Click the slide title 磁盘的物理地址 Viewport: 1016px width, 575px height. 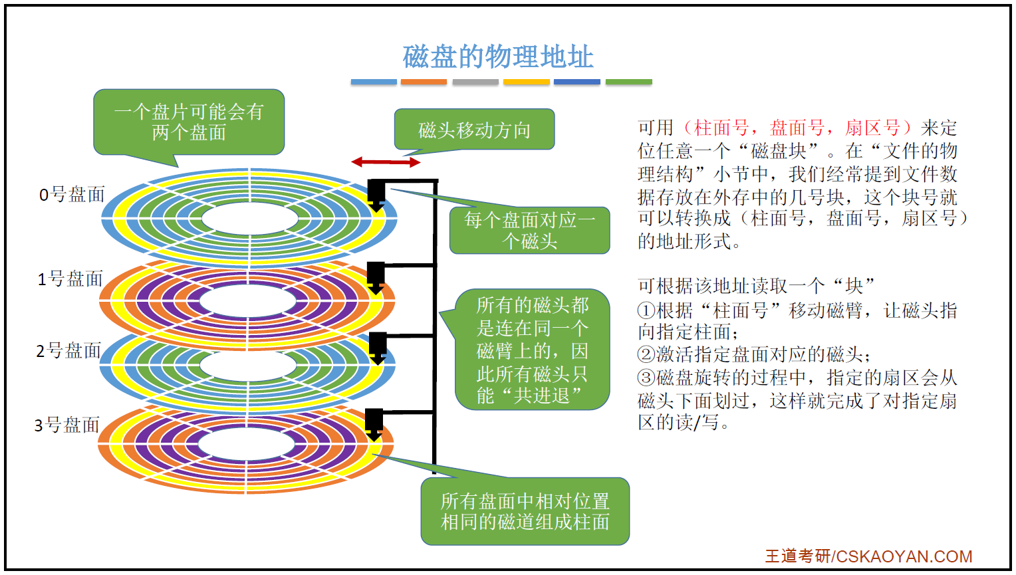pos(497,57)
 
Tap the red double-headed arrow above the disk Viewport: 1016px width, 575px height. pos(386,162)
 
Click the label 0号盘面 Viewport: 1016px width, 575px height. pos(72,194)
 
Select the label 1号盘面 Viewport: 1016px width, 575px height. pos(70,278)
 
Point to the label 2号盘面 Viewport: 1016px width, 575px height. pos(68,350)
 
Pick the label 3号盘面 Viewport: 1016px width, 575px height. pos(66,425)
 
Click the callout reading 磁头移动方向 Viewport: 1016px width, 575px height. pos(474,130)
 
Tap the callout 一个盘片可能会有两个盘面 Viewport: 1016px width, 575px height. pos(189,122)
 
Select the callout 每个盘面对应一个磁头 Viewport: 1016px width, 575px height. pos(529,230)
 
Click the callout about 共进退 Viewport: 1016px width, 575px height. pos(532,350)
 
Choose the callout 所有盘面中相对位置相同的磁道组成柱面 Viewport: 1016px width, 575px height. pos(525,511)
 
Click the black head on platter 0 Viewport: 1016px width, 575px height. pos(376,193)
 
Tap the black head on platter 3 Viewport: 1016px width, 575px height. pos(374,421)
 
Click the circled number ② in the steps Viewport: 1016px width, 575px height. pos(646,354)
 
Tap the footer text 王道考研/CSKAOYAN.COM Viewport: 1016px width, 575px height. pos(868,556)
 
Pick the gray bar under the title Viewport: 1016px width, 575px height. pos(475,82)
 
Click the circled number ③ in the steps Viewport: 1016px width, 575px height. pos(646,378)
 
